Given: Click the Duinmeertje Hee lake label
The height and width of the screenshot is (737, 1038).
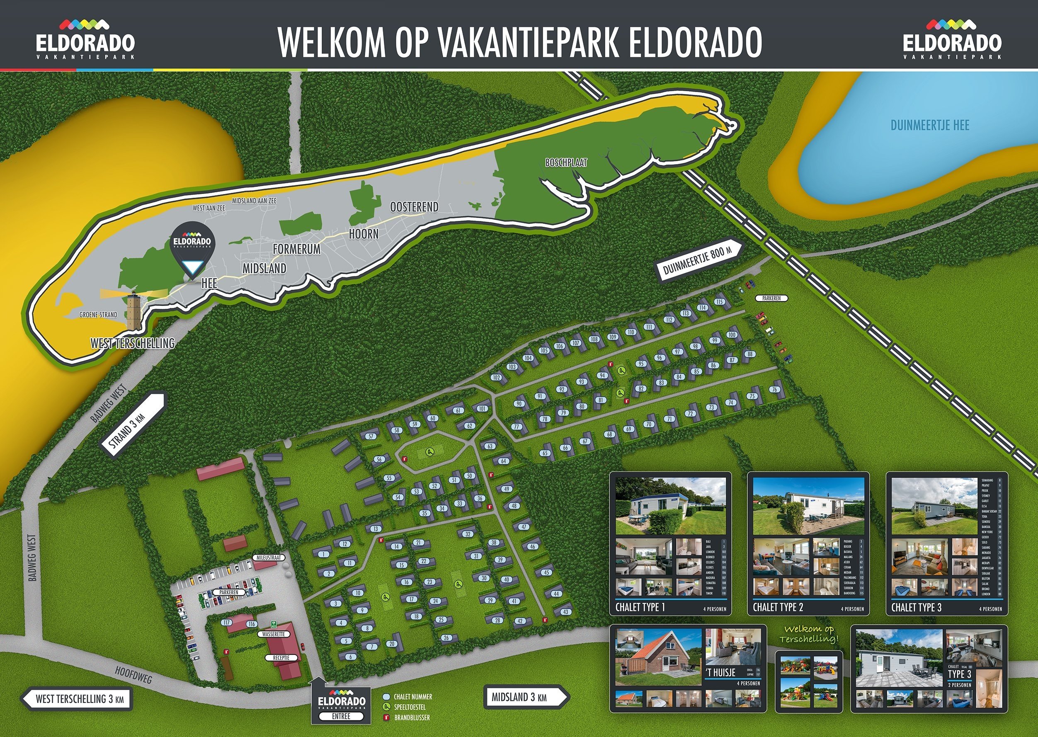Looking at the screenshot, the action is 929,125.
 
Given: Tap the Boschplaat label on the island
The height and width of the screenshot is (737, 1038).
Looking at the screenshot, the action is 566,162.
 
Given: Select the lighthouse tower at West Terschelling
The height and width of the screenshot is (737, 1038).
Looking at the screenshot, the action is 133,311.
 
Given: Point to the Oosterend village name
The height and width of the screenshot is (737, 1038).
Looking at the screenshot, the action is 414,207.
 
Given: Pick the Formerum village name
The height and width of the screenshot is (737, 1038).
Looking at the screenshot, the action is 296,249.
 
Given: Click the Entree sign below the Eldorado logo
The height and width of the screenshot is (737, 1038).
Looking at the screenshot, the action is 341,716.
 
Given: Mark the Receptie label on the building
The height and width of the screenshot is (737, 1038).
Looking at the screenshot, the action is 281,657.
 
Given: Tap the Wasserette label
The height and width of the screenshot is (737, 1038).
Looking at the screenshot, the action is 273,634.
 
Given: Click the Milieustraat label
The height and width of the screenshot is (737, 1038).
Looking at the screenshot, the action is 269,558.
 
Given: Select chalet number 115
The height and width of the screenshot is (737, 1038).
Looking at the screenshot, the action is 719,302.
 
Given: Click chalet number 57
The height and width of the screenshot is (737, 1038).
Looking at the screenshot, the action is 371,436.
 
